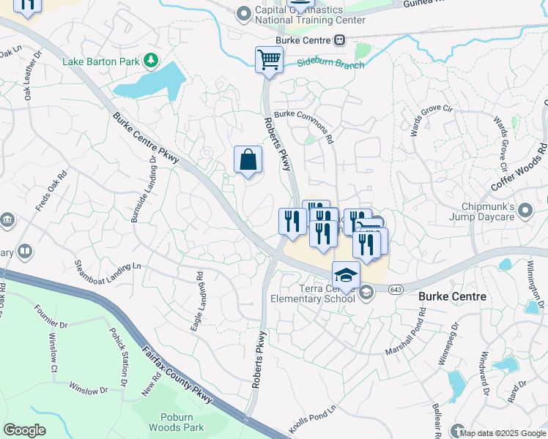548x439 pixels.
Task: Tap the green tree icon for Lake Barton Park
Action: point(151,60)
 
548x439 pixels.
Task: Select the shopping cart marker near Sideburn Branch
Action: point(269,59)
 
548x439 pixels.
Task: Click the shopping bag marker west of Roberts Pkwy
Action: point(248,159)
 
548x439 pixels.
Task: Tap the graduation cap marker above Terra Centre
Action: point(346,275)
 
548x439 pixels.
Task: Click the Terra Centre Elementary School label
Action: point(313,293)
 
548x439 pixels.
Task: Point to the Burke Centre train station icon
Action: point(339,40)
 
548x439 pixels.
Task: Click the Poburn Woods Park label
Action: point(175,421)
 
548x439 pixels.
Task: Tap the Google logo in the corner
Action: point(24,430)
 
